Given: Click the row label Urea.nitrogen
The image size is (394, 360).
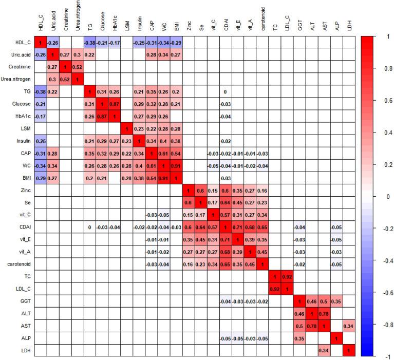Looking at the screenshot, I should (x=18, y=80).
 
